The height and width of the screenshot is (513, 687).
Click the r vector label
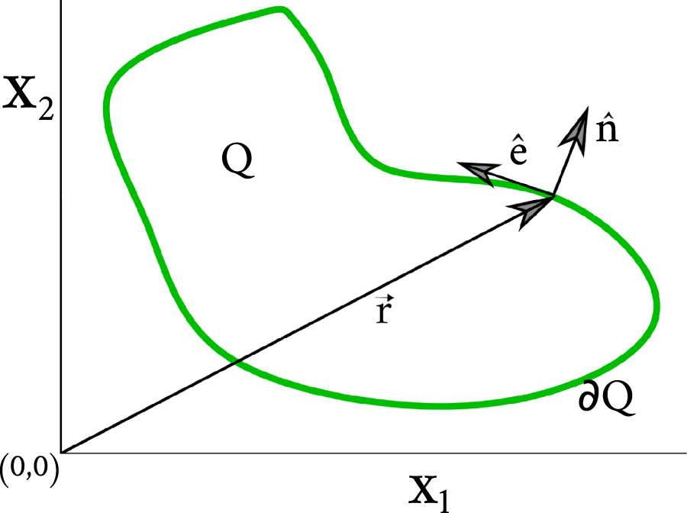384,310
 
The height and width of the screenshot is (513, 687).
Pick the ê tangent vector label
517,153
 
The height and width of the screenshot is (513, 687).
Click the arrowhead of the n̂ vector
578,127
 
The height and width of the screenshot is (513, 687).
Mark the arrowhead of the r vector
531,208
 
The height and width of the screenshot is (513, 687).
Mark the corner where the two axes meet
60,453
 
